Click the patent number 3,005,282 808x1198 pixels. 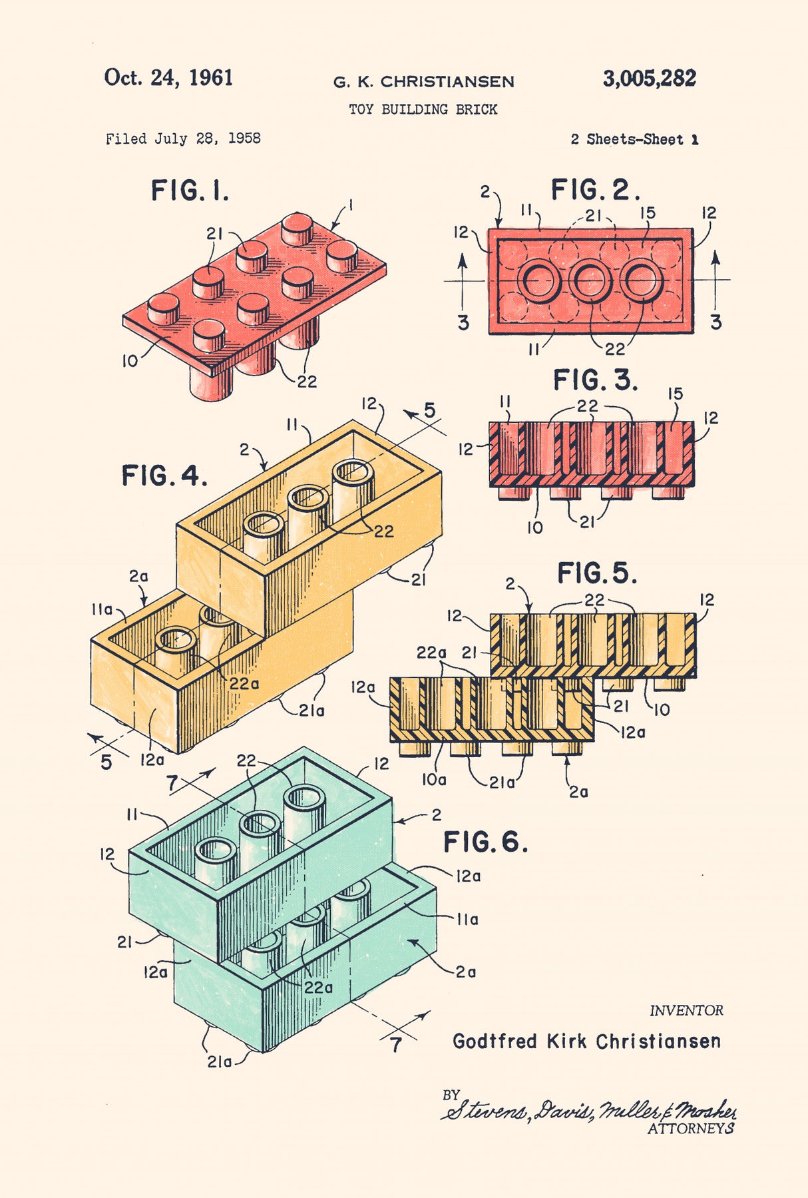pos(649,79)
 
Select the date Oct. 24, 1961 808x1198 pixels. pos(168,78)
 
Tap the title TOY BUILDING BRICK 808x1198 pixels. pos(423,109)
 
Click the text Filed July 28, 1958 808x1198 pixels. pos(183,139)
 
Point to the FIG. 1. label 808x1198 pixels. pos(190,191)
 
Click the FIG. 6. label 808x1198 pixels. pos(485,842)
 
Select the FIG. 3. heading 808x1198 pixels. pos(595,380)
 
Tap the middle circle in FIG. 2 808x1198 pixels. pos(590,281)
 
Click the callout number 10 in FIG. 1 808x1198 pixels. pos(130,361)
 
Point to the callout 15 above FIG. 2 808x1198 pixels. pos(648,213)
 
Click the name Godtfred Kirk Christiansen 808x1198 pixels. pos(586,1041)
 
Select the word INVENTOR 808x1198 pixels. pos(686,1010)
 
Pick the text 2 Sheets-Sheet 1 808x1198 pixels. pos(634,139)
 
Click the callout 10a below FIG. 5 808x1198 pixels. pos(433,779)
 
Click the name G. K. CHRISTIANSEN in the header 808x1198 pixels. pos(423,82)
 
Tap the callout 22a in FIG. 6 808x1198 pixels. pos(318,988)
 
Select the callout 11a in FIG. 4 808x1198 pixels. pos(102,609)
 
